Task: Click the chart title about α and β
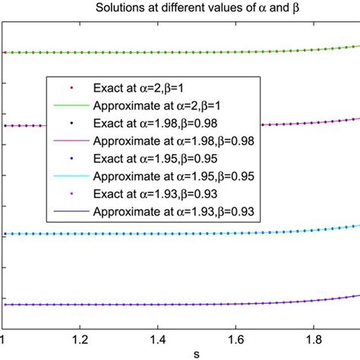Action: (x=180, y=8)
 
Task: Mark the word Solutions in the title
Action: (x=116, y=8)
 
